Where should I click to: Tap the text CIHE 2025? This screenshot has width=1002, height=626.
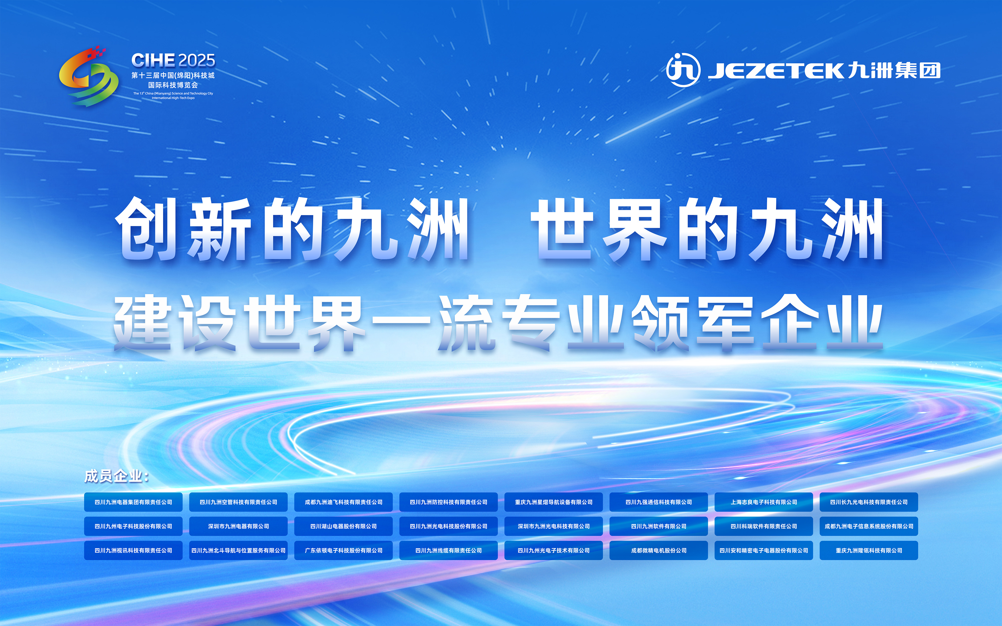click(173, 60)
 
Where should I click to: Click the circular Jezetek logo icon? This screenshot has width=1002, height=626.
click(683, 70)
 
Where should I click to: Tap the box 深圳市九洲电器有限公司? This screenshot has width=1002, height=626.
click(238, 526)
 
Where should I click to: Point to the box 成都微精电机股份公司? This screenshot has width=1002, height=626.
click(659, 550)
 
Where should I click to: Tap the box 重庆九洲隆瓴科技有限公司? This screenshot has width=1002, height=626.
click(869, 550)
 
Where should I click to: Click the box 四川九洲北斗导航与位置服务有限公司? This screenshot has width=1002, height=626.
click(238, 550)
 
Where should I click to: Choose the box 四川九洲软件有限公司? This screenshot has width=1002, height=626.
click(659, 526)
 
